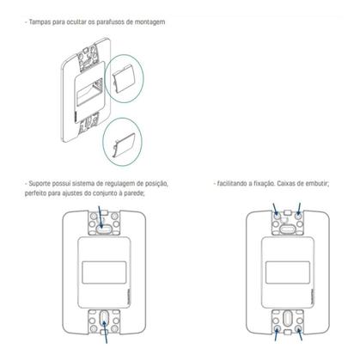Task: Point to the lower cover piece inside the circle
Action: pyautogui.click(x=120, y=144)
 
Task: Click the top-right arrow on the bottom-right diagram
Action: pyautogui.click(x=298, y=209)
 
